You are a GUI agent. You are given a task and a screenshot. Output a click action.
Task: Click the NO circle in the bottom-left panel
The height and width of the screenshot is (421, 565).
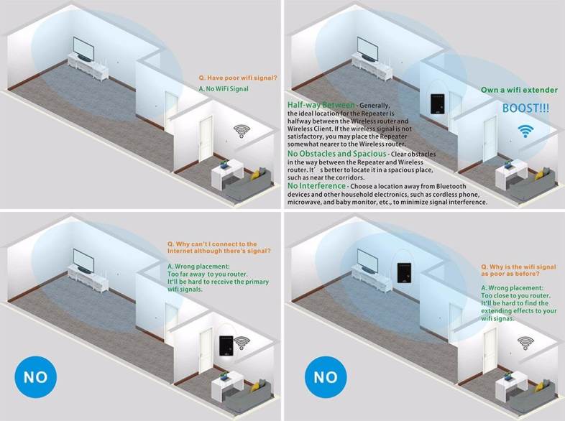(x=36, y=377)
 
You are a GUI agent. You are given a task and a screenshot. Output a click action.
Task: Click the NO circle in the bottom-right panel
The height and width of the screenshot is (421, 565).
(x=326, y=377)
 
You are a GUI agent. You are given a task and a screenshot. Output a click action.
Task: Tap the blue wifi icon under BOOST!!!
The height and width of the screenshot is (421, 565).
(x=525, y=131)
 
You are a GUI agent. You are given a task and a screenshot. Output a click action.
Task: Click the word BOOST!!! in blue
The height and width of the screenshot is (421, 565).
(x=525, y=108)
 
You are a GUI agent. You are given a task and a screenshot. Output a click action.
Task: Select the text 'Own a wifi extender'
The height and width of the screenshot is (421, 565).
(x=519, y=90)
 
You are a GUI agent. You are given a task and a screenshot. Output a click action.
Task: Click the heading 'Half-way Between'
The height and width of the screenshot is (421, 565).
(x=321, y=105)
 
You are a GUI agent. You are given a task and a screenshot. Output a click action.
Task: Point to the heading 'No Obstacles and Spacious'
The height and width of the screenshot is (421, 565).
(x=336, y=154)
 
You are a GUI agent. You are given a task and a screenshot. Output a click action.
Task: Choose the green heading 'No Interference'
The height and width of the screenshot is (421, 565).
(x=316, y=186)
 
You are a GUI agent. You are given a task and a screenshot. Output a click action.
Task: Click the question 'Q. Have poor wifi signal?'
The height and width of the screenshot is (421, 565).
(x=238, y=78)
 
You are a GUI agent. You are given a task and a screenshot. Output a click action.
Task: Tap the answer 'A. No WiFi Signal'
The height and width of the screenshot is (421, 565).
(x=224, y=88)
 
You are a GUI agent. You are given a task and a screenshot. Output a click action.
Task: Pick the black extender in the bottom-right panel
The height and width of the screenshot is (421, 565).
(x=404, y=272)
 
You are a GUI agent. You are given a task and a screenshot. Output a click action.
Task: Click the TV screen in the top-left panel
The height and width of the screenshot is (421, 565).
(x=83, y=49)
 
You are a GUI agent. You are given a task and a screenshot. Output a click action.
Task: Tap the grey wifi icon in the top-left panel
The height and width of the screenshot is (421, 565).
(x=242, y=131)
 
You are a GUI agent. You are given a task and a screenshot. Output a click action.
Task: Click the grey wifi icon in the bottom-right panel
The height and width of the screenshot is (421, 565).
(x=525, y=343)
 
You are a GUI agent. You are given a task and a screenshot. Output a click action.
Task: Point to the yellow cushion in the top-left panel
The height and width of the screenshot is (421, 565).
(x=255, y=175)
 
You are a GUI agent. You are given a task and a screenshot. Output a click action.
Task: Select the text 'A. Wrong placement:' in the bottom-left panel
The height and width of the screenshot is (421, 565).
(x=198, y=267)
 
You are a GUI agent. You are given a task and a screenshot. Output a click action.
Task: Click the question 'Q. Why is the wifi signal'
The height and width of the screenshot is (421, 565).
(x=518, y=267)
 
